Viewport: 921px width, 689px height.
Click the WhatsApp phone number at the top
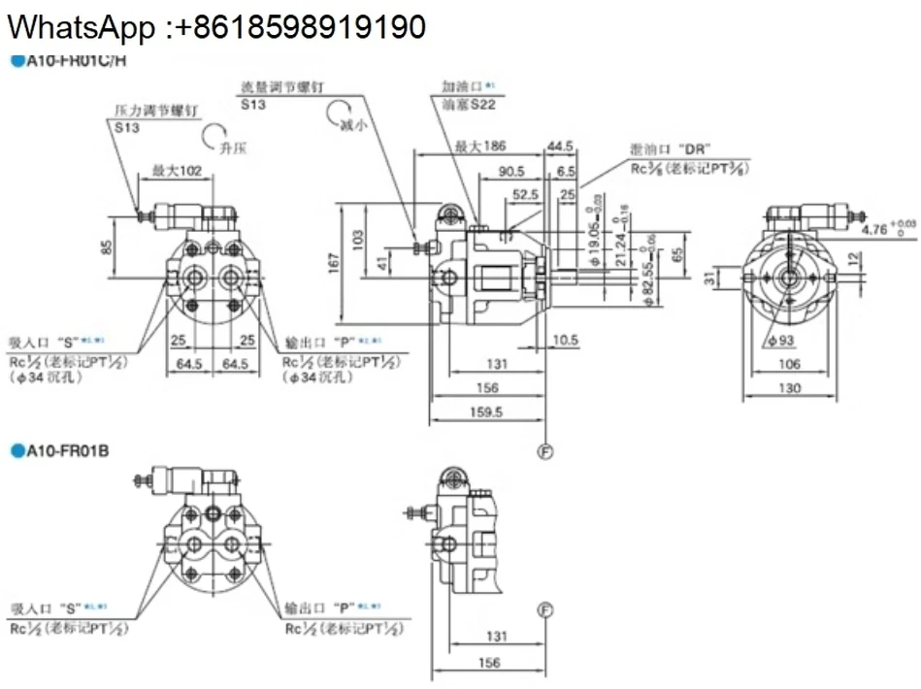pos(214,26)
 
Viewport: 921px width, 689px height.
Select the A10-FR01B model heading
pos(67,449)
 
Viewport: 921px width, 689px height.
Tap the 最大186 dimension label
pos(479,146)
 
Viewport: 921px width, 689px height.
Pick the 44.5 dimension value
pos(560,146)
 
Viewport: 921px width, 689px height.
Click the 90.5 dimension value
pos(511,171)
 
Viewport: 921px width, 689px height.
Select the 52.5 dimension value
pos(525,194)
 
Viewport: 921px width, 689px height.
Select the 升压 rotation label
pos(233,148)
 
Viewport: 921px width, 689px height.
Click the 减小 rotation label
pos(354,125)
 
